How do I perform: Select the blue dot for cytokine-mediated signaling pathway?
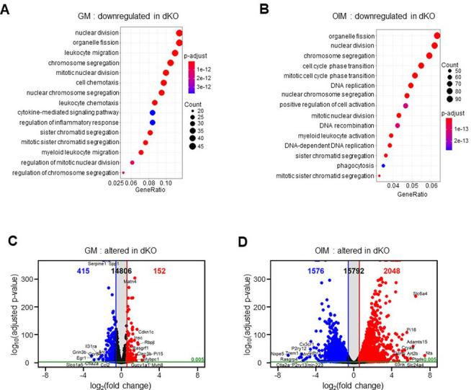point(153,112)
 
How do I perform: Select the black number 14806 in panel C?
point(120,270)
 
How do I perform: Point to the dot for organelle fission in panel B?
point(436,35)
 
